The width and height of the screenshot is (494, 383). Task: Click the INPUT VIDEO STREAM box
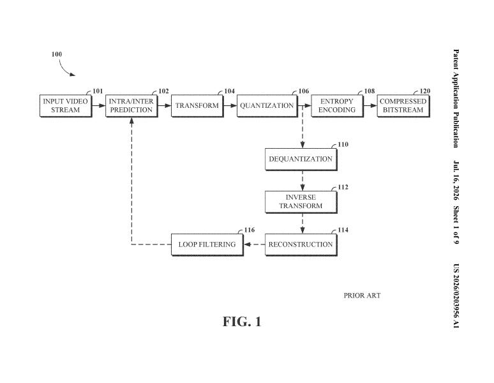coord(66,106)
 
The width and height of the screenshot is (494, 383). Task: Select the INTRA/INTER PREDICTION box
coord(131,106)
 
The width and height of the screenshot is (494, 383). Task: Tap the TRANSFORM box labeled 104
coord(198,106)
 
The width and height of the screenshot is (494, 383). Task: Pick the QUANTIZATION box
coord(267,106)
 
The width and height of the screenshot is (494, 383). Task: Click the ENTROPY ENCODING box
coord(338,106)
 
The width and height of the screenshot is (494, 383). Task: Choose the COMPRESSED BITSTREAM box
coord(403,106)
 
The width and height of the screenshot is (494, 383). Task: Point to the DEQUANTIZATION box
coord(301,160)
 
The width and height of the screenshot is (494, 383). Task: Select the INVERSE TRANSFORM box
coord(301,202)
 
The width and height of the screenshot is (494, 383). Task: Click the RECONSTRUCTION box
coord(301,244)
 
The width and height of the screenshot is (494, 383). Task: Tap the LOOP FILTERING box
coord(207,244)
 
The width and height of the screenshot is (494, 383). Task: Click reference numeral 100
coord(57,54)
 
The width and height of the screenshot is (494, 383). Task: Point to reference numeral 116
coord(250,230)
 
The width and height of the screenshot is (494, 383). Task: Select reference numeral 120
coord(425,91)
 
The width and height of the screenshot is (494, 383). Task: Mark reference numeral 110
coord(343,144)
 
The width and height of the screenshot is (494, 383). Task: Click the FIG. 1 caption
coord(242,322)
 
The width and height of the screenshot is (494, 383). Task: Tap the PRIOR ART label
coord(362,296)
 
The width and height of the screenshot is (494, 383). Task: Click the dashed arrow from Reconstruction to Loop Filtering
coord(254,244)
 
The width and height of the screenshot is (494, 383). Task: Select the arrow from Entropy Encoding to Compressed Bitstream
coord(370,106)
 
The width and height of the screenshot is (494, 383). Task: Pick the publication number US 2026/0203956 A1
coord(456,296)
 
